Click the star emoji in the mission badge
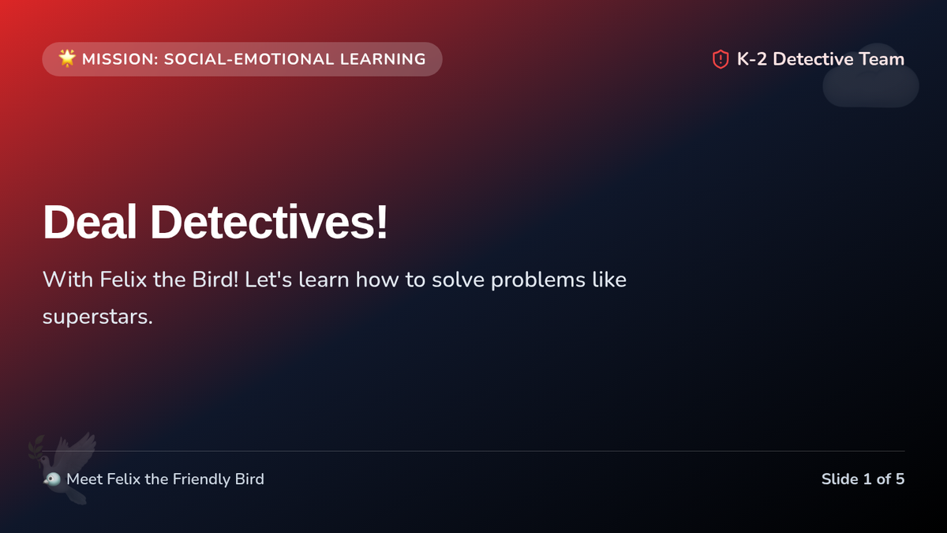[67, 58]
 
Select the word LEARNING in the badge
[383, 59]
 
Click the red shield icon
[721, 59]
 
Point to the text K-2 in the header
[751, 59]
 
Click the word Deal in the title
[90, 222]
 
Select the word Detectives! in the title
[269, 222]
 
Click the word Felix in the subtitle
[123, 280]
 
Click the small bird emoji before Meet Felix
[52, 479]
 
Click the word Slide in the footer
[840, 479]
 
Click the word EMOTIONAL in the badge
[283, 59]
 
